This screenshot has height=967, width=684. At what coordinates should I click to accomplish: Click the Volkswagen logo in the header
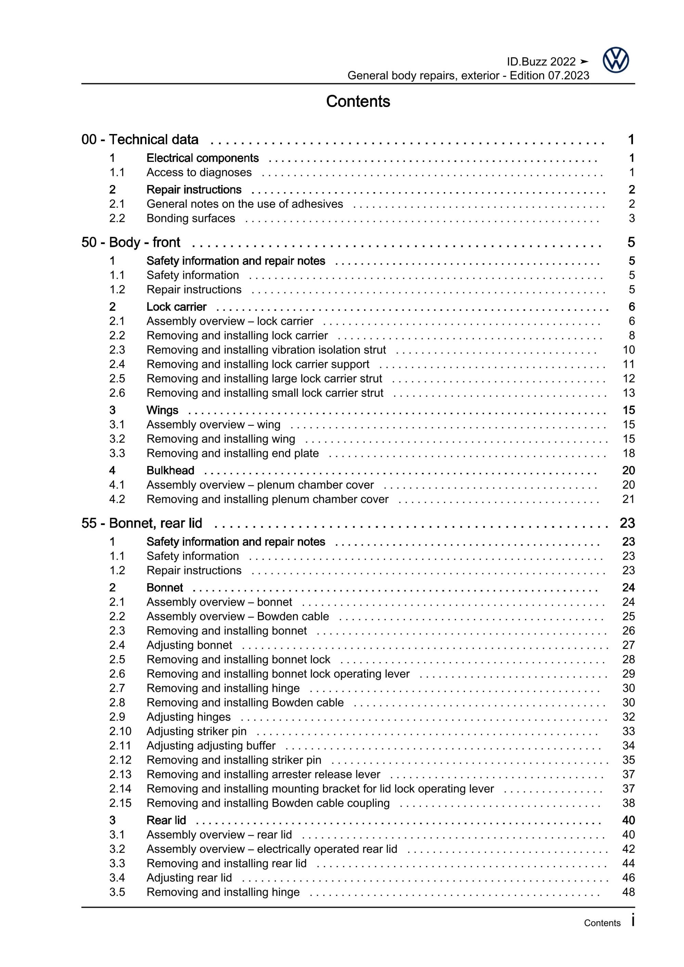pos(615,60)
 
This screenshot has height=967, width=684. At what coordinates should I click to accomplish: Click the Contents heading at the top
pos(358,102)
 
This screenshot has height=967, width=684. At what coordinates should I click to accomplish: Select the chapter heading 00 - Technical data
pos(140,140)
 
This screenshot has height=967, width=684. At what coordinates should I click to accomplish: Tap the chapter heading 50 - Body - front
pos(131,242)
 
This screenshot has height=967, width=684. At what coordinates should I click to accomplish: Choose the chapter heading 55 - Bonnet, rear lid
pos(142,523)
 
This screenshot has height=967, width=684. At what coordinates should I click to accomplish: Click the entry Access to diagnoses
pos(199,172)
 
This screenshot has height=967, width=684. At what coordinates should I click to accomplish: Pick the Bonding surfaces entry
pos(191,218)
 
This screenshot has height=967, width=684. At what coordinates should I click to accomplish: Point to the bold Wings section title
pos(162,410)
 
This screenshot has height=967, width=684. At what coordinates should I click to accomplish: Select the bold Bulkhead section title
pos(170,471)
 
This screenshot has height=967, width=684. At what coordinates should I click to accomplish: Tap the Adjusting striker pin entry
pos(196,731)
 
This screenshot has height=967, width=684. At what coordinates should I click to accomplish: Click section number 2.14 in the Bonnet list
pos(120,789)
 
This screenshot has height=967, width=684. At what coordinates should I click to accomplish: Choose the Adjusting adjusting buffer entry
pos(211,745)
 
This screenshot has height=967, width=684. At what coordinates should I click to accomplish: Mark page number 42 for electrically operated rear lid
pos(628,849)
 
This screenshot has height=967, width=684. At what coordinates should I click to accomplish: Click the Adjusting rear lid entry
pos(189,877)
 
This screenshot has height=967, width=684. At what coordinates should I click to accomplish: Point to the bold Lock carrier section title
pos(176,307)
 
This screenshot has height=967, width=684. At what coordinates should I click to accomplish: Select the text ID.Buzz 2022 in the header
pos(541,62)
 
